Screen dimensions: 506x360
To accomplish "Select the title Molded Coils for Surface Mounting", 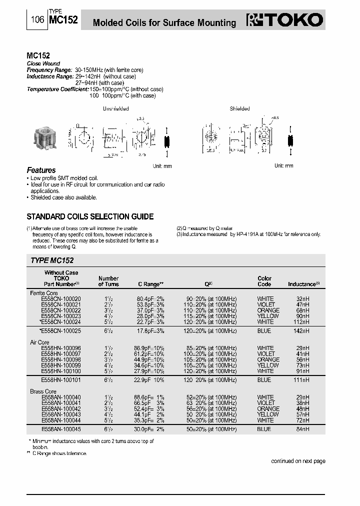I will tap(164, 23).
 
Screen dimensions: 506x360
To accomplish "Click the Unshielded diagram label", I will tap(115, 108).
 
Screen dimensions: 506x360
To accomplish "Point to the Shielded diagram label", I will tap(239, 108).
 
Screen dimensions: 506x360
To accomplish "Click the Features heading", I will tap(41, 170).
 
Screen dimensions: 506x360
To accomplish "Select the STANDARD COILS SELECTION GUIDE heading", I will tap(89, 217).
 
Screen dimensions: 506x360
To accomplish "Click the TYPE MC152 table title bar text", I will tap(52, 260).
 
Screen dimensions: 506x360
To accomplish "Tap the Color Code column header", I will tap(264, 281).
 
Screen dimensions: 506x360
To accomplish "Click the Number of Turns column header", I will tap(108, 281).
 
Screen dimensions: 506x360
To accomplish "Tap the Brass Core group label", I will tap(43, 391).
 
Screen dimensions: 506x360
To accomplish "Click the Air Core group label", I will tap(40, 342).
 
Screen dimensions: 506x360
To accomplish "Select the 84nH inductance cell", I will tap(302, 429).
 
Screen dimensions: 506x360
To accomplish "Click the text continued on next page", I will tap(298, 461).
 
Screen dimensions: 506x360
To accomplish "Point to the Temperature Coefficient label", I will tap(57, 89).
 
